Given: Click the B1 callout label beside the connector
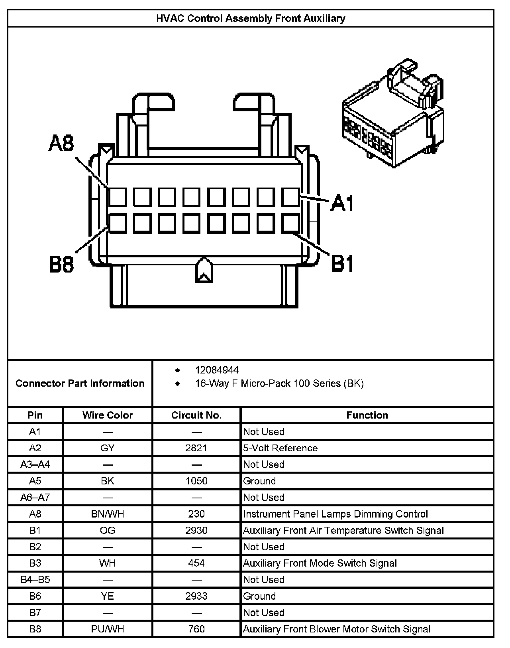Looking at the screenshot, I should (343, 264).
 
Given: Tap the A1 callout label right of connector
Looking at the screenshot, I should (343, 203).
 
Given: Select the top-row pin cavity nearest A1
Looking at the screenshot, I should (290, 197).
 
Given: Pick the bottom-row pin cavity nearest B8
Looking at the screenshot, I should (118, 223).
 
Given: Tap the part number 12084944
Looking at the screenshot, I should (217, 370).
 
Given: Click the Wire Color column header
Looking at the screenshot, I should (108, 415).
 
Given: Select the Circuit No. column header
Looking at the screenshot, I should (196, 415).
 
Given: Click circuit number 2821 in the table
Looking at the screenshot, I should (196, 448).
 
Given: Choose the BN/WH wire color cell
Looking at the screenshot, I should (108, 514).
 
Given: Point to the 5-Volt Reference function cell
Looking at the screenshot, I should (280, 448).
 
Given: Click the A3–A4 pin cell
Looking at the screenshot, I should (35, 464).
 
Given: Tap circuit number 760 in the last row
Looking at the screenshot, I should (196, 629).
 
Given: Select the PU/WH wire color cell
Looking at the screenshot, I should (108, 629).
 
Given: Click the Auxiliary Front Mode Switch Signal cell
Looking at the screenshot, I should (320, 563).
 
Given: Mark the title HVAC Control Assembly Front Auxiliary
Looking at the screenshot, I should (251, 18).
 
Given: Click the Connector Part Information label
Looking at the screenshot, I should (80, 383).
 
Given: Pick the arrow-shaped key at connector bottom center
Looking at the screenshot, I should (204, 271).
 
